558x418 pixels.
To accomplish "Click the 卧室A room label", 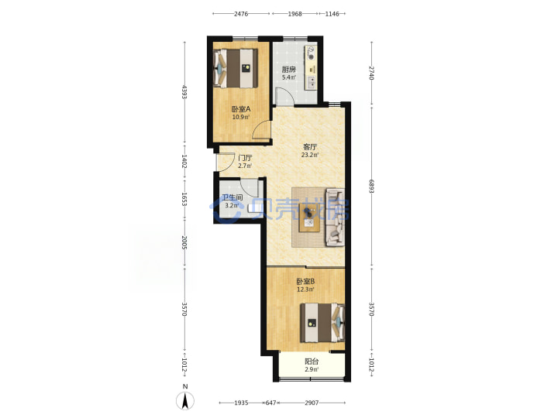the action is pos(241,109).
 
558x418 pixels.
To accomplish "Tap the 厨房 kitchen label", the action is pos(288,70).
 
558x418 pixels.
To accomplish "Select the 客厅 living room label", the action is pos(310,146).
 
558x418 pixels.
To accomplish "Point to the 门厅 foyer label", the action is pos(245,158).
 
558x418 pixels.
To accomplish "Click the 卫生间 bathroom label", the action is pos(232,197).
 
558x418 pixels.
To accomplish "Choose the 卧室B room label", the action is pos(305,282).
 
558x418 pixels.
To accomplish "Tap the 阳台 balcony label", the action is pos(312,361).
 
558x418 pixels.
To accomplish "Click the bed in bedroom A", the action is pos(236,68).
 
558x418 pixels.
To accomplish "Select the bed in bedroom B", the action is pos(322,323).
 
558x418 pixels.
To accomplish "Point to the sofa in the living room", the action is pos(336,218).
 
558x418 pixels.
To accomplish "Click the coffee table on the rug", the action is pos(309,218).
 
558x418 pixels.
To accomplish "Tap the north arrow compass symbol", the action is pos(185,401).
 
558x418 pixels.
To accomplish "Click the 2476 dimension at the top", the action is pos(241,14).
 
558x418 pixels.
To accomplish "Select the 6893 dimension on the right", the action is pos(371,187).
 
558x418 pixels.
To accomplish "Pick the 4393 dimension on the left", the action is pos(184,91).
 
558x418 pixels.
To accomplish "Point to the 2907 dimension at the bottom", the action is pos(312,403).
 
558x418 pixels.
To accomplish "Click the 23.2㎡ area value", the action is pos(310,155).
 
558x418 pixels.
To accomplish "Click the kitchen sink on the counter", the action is pos(311,82).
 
